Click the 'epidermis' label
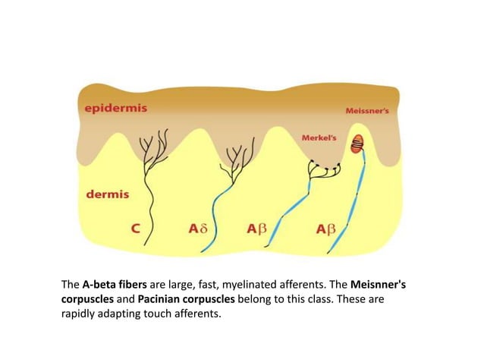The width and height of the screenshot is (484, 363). [115, 107]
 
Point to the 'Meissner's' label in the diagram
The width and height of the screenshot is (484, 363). [367, 110]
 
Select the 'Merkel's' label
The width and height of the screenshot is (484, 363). [319, 137]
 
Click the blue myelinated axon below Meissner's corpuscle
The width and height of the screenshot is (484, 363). [359, 190]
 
